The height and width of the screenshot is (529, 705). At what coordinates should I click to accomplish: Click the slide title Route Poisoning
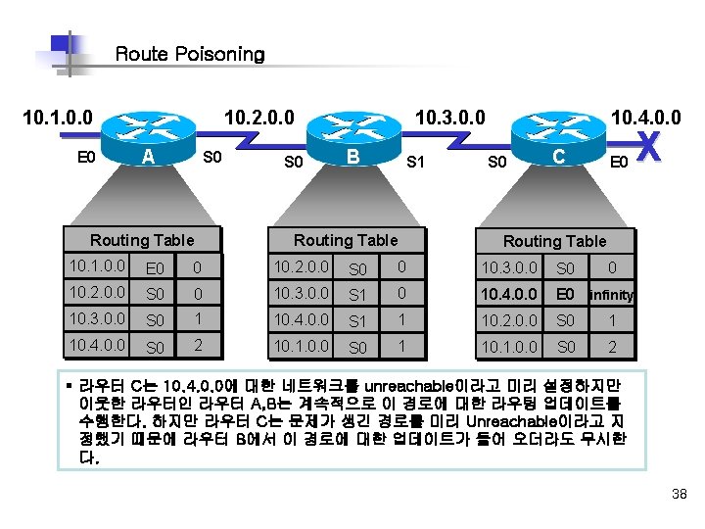tap(190, 54)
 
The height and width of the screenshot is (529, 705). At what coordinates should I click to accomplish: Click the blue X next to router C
tap(653, 150)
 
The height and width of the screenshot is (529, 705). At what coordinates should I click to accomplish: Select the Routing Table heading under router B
tap(346, 240)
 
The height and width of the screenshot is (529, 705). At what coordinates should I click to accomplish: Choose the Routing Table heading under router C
tap(554, 241)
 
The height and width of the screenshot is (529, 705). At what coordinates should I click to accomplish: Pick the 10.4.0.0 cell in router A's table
tap(98, 345)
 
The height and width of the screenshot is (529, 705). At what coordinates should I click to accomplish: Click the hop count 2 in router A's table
tap(197, 345)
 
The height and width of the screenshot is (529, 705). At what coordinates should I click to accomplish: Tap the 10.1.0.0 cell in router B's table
tap(304, 345)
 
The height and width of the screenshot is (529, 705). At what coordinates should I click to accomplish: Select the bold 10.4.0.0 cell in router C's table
tap(510, 293)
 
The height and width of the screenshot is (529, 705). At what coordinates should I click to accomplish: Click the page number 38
tap(680, 493)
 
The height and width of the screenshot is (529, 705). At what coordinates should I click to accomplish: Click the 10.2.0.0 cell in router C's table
tap(510, 319)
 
